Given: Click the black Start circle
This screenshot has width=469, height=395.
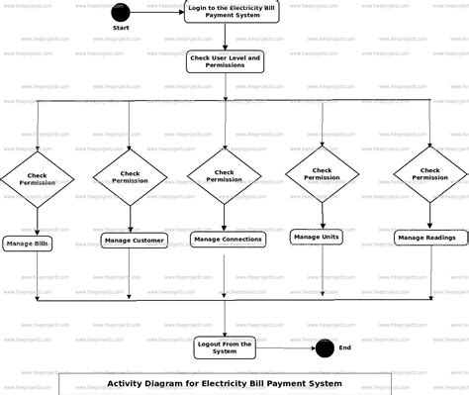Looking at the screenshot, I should click(x=122, y=11).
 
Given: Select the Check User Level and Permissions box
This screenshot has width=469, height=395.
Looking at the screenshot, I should click(x=225, y=62).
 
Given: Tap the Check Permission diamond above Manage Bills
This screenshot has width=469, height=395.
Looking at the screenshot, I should click(x=37, y=179).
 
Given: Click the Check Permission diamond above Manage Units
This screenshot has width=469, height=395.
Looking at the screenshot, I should click(x=322, y=173).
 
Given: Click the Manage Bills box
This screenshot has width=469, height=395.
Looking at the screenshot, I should click(x=28, y=243).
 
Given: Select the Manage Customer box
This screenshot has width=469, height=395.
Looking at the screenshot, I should click(x=134, y=240).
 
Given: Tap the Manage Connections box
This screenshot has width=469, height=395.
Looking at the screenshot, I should click(x=228, y=239).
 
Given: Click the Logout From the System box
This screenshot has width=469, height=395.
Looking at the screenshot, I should click(x=226, y=346).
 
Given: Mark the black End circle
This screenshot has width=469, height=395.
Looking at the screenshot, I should click(x=323, y=347).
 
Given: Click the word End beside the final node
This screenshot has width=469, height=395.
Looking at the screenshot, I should click(x=345, y=347).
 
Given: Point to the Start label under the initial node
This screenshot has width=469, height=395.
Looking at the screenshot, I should click(x=122, y=28).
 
